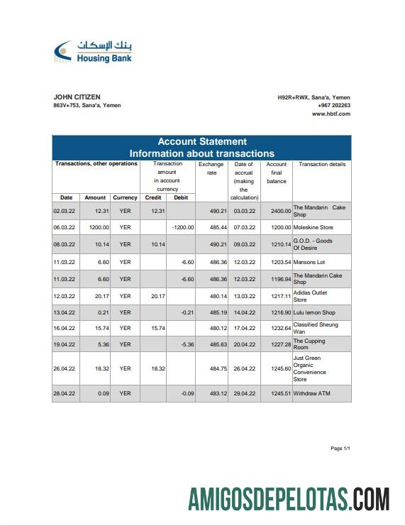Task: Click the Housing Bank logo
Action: click(93, 52)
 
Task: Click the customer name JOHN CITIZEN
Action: click(77, 97)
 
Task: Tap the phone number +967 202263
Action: click(333, 105)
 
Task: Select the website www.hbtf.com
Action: click(331, 114)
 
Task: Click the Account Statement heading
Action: click(201, 141)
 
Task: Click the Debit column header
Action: click(180, 197)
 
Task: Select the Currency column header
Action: click(125, 197)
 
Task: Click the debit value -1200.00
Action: click(182, 227)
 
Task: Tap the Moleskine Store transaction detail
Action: click(313, 227)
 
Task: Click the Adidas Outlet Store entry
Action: click(310, 295)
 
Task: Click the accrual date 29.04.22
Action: click(243, 393)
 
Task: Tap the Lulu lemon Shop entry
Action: click(314, 312)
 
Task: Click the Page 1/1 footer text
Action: click(340, 449)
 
